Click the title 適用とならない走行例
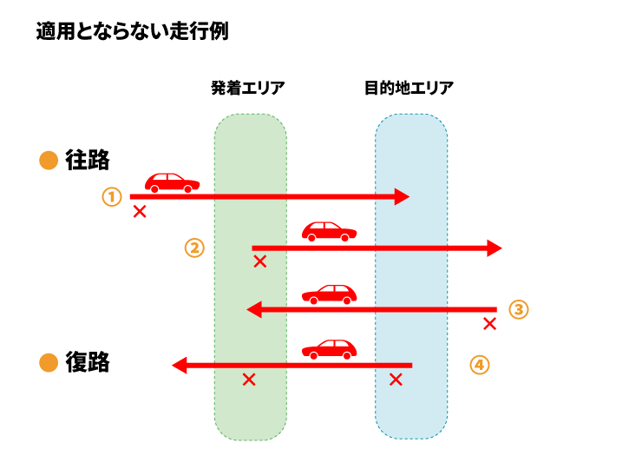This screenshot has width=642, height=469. pyautogui.click(x=132, y=33)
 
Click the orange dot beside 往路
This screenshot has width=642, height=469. pyautogui.click(x=49, y=161)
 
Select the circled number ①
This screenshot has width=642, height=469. pyautogui.click(x=111, y=197)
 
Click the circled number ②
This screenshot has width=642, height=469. pyautogui.click(x=194, y=248)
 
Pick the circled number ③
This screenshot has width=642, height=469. pyautogui.click(x=518, y=309)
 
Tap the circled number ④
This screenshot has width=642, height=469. pyautogui.click(x=480, y=365)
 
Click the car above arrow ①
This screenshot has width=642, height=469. pyautogui.click(x=172, y=182)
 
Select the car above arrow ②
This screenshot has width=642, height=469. pyautogui.click(x=330, y=232)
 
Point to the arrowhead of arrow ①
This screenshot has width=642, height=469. pyautogui.click(x=401, y=197)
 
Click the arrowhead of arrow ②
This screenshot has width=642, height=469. pyautogui.click(x=494, y=248)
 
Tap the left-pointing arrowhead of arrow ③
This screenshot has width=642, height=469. pyautogui.click(x=254, y=309)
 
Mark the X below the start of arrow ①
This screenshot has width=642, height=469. pyautogui.click(x=140, y=211)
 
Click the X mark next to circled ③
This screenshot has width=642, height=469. pyautogui.click(x=489, y=324)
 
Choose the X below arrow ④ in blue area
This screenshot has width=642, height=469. pyautogui.click(x=396, y=380)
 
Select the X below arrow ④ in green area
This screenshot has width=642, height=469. pyautogui.click(x=249, y=380)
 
